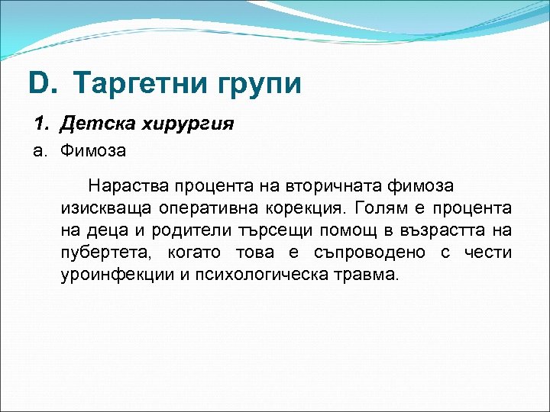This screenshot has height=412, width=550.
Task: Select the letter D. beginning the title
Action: point(43,83)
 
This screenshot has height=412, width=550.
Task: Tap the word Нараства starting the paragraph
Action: point(128,185)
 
